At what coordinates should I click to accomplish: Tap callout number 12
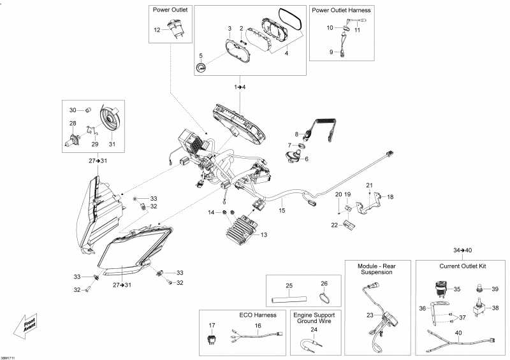pyautogui.click(x=157, y=30)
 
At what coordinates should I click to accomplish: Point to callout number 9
pyautogui.click(x=331, y=52)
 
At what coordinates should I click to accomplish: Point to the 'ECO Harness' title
pyautogui.click(x=236, y=315)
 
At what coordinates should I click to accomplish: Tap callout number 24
pyautogui.click(x=313, y=330)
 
